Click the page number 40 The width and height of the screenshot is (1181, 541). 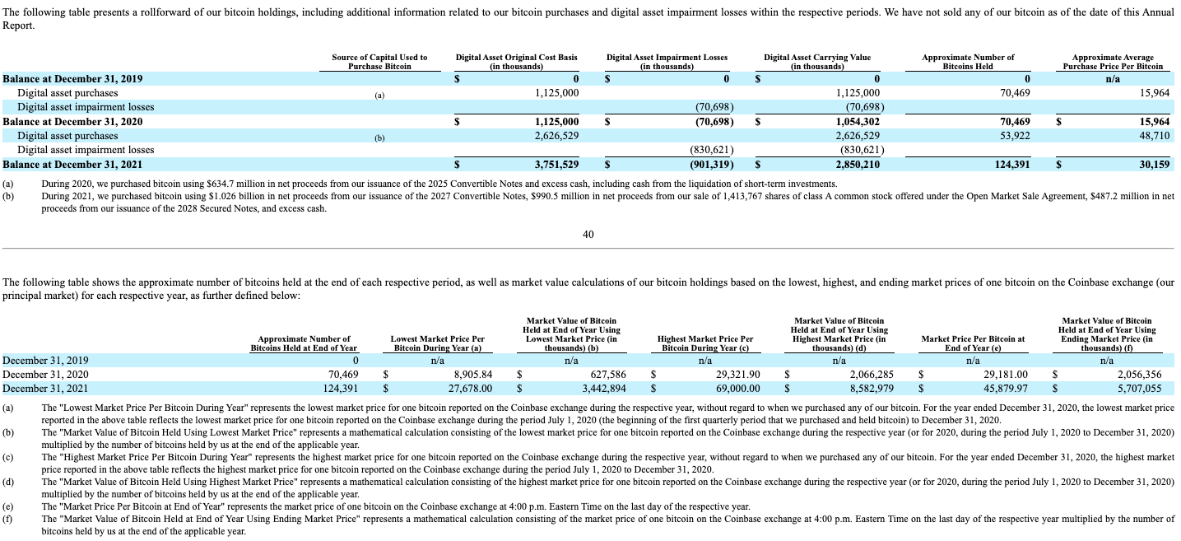588,235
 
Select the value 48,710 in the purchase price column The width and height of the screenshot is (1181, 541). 1154,136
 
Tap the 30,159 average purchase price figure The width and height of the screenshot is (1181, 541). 1154,165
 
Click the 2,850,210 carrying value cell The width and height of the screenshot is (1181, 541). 858,165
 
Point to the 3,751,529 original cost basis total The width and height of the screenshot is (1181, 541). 557,165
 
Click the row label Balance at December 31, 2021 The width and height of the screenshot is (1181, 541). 73,165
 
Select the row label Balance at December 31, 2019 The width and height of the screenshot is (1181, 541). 73,79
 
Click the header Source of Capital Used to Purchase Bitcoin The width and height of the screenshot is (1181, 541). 379,62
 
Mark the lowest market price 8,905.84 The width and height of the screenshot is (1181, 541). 467,375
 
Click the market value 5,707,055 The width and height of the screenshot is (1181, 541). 1138,389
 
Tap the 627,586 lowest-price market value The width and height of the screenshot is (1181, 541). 603,375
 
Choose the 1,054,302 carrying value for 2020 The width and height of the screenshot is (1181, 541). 858,122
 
